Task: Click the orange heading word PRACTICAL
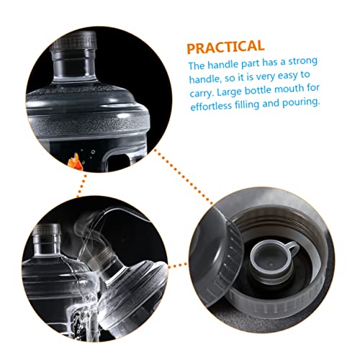point(225,47)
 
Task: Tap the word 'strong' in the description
point(302,61)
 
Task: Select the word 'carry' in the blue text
point(201,93)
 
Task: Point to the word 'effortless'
point(211,106)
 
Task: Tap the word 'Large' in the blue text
point(229,91)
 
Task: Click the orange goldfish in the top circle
point(75,161)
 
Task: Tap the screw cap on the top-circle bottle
point(73,40)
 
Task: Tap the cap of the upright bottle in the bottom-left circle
point(47,230)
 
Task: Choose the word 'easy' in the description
point(287,76)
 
